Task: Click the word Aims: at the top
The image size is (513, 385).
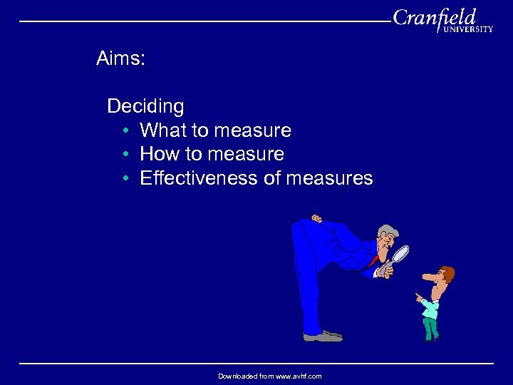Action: (120, 59)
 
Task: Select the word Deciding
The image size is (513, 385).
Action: (145, 107)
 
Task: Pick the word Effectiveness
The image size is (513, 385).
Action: (199, 178)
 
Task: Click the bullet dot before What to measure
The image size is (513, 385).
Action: (125, 131)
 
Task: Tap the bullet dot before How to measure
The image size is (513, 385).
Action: (125, 155)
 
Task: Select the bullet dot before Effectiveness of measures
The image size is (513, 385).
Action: (125, 178)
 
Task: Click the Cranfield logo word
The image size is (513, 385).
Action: (434, 17)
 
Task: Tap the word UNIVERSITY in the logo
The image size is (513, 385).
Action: (467, 30)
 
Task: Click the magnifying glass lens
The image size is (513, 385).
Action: (401, 253)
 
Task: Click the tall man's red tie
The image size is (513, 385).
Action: (373, 261)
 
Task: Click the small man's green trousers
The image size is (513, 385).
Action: (430, 327)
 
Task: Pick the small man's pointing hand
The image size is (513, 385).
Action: (418, 296)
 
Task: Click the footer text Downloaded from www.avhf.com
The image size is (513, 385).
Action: (269, 376)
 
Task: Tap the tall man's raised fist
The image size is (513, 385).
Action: (316, 218)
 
